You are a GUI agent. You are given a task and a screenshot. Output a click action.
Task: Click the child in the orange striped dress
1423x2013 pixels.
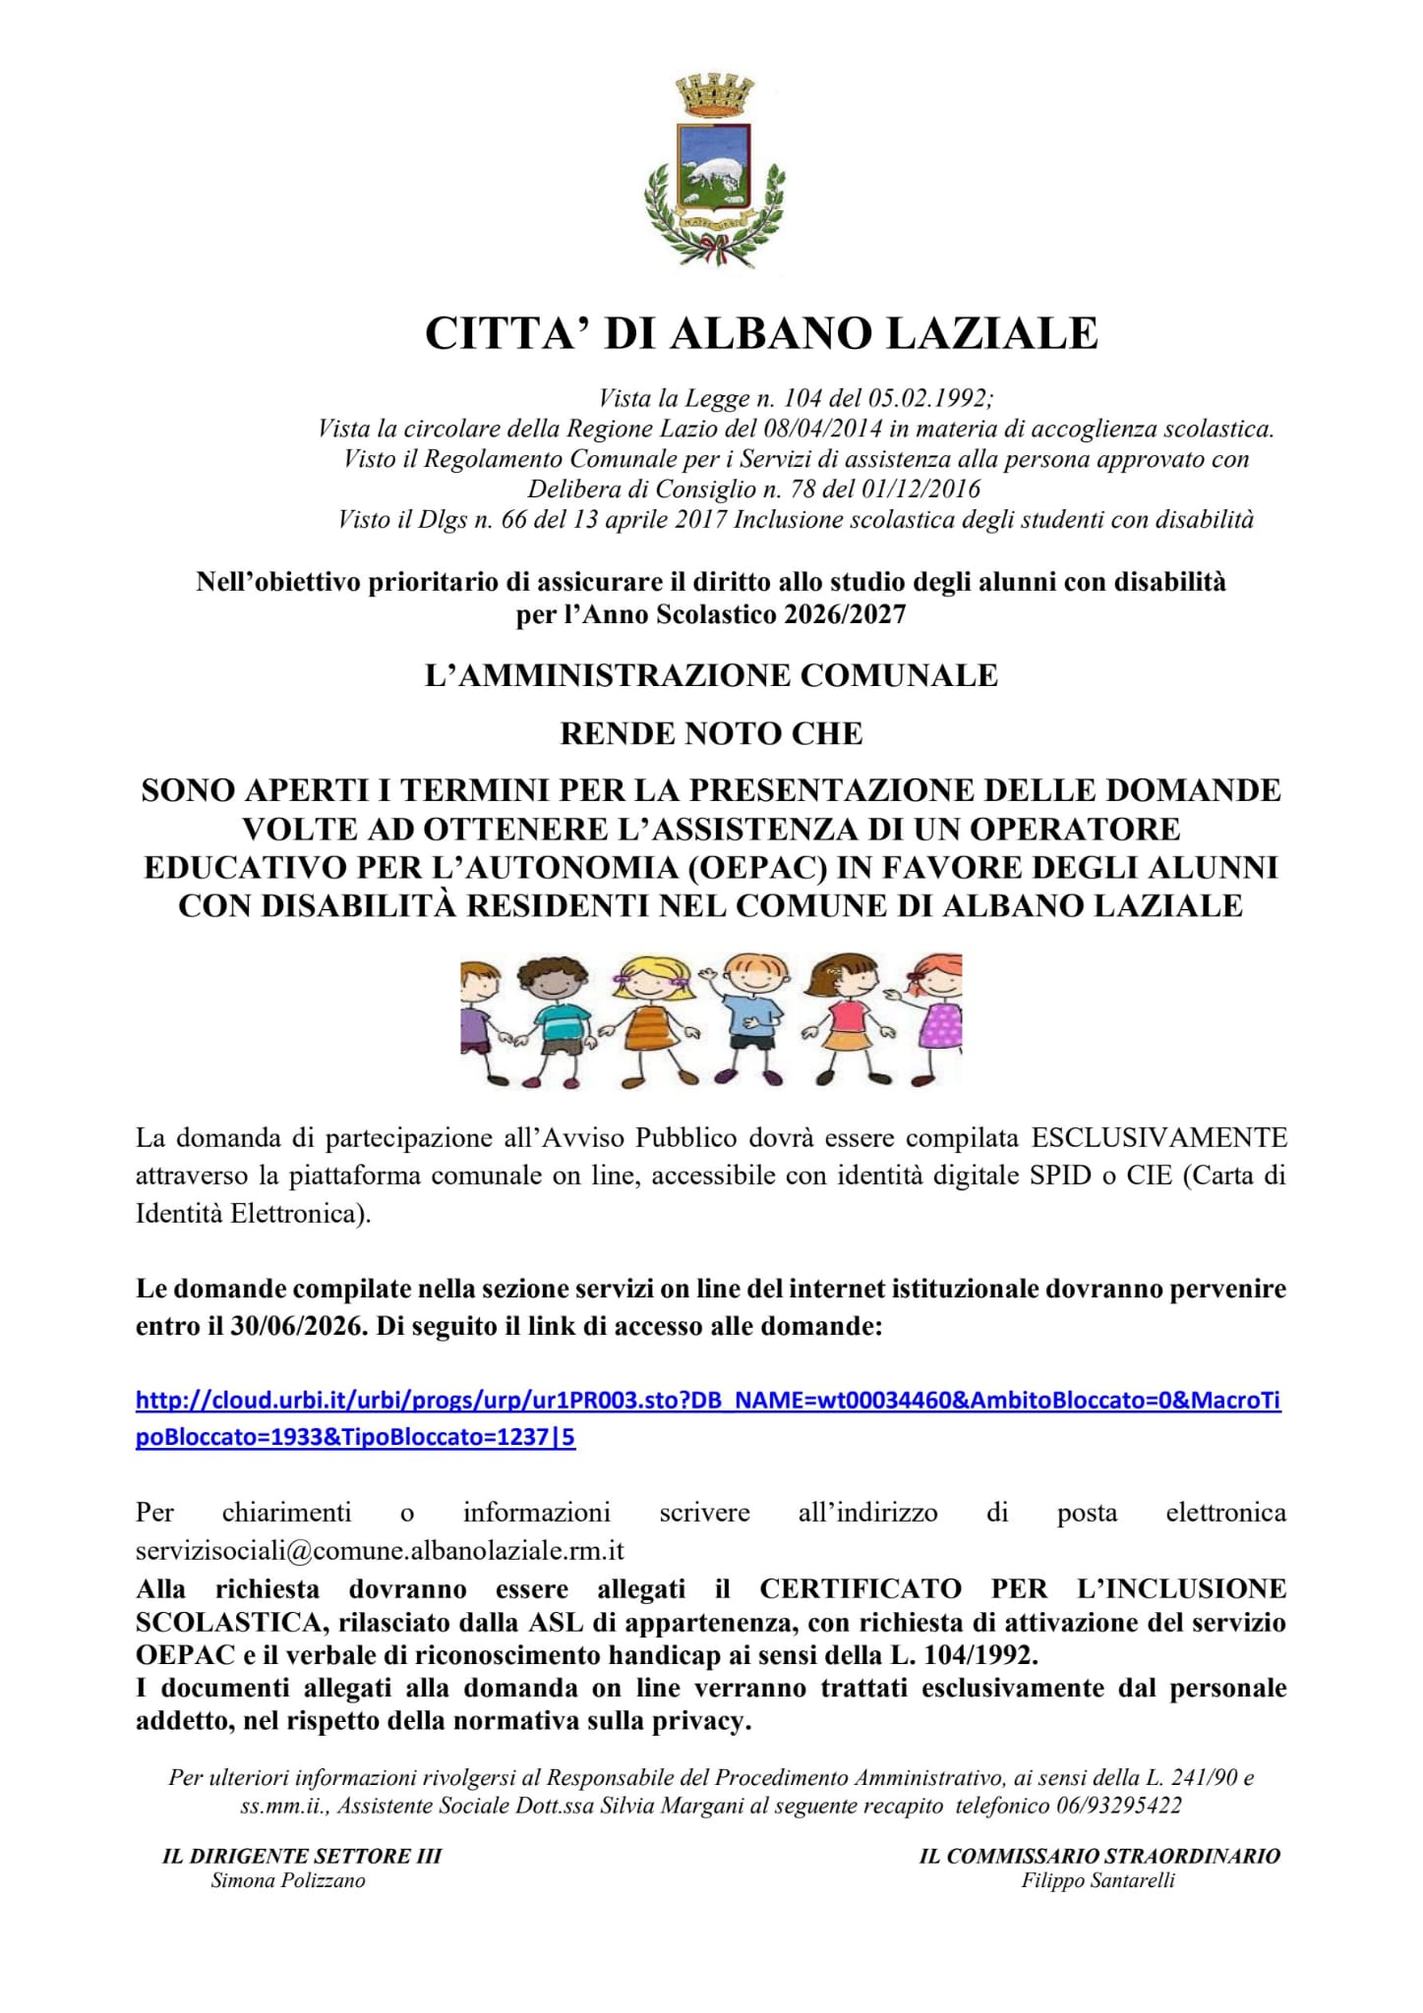tap(645, 1022)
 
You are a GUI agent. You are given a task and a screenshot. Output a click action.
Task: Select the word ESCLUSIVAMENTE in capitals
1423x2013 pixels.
tap(1158, 1138)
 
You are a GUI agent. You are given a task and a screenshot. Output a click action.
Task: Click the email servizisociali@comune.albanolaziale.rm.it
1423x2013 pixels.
tap(380, 1551)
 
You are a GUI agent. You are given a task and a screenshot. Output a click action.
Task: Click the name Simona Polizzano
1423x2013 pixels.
tap(288, 1881)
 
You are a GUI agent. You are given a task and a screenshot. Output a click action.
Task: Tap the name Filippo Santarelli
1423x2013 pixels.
tap(1098, 1881)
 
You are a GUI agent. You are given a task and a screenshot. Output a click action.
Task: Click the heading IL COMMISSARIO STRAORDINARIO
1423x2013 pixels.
tap(1099, 1856)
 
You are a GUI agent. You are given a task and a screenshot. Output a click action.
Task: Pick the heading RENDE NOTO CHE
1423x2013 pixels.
tap(711, 733)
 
